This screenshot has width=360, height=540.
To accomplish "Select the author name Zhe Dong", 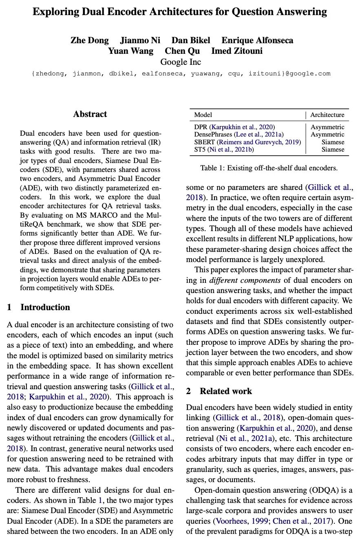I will coord(90,40).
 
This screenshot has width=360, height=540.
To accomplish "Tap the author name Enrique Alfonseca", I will coord(257,40).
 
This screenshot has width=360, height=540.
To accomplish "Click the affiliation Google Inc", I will coord(181,62).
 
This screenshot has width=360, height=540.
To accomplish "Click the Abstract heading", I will coord(90,114).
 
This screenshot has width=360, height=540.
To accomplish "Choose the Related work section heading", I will coord(225,391).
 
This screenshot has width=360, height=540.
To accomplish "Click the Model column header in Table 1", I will coord(203,115).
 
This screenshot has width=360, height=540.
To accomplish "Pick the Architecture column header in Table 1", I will coord(327,115).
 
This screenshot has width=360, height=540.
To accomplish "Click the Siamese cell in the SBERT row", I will coord(333,142).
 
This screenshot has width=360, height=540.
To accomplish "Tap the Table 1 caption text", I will coord(269,168).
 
